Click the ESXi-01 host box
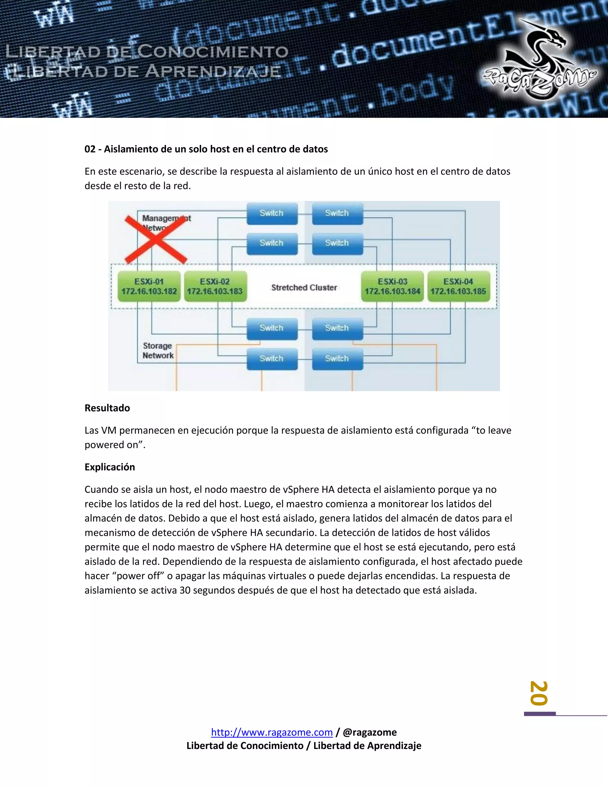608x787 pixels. tap(149, 287)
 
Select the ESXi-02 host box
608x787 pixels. tap(215, 287)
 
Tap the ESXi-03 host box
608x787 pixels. tap(392, 287)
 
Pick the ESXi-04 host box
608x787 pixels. tap(458, 287)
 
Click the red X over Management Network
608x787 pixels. tap(156, 239)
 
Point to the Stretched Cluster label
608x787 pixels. tap(304, 287)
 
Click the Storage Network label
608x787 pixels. tap(158, 351)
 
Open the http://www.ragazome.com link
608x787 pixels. tap(272, 732)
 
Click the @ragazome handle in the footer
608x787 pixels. tap(370, 732)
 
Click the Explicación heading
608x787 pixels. tap(110, 467)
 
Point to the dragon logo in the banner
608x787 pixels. tap(539, 59)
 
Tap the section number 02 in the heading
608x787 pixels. tap(90, 149)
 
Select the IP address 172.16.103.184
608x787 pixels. tap(392, 291)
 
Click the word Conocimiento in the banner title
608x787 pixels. tap(213, 52)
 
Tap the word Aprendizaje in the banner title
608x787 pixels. tap(213, 72)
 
